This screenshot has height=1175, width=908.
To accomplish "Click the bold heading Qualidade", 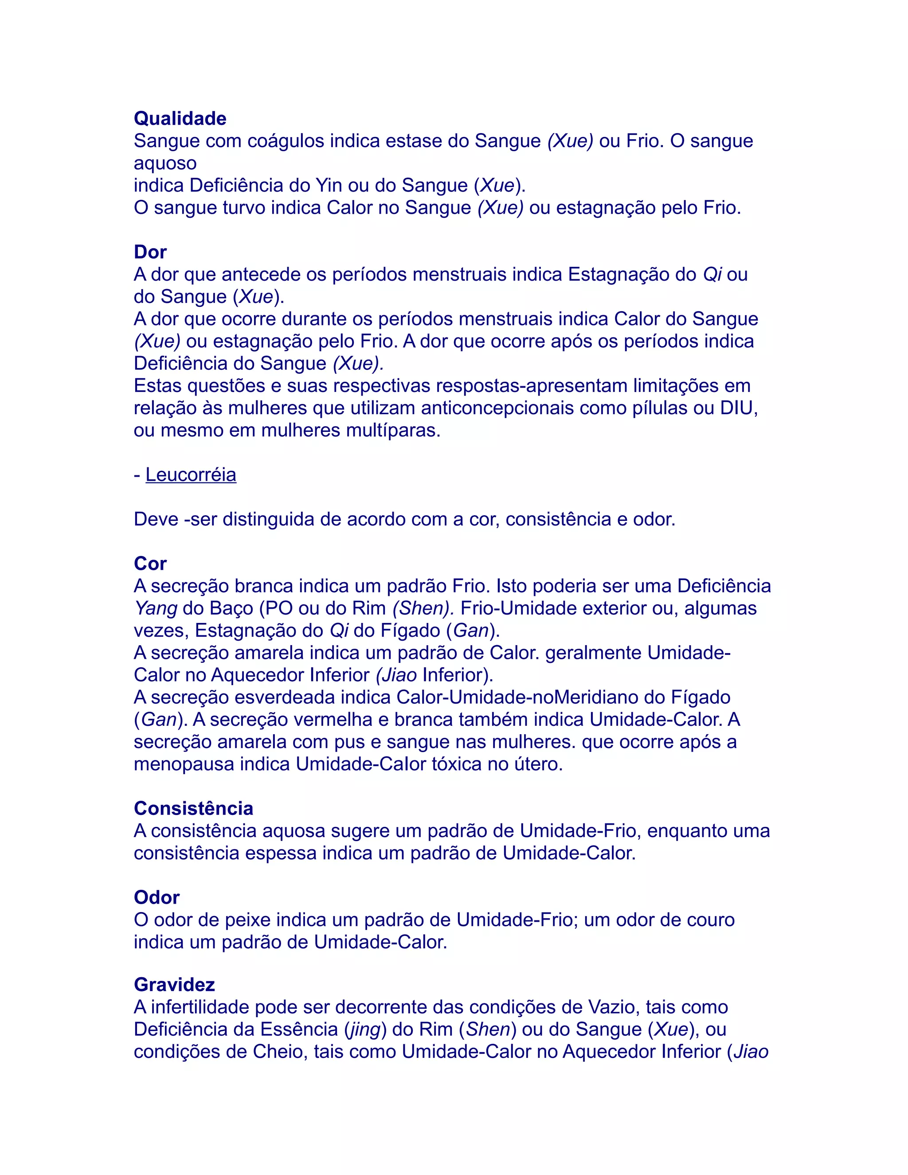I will pos(180,118).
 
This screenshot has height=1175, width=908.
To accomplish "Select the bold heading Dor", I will pos(150,252).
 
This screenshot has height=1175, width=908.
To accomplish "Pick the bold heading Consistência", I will pos(193,808).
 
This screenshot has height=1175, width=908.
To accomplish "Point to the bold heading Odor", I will pos(157,897).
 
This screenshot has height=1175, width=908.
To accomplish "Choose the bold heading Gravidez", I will pos(174,984).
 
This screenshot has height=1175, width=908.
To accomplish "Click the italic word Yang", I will pos(156,608).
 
